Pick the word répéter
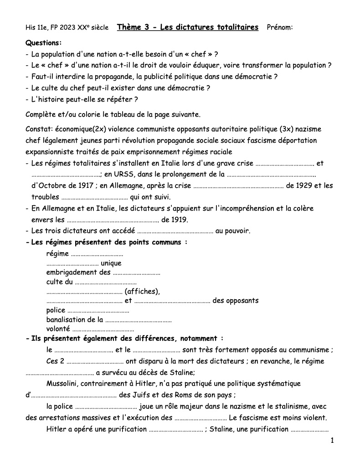click(x=122, y=99)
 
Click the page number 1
click(x=332, y=440)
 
